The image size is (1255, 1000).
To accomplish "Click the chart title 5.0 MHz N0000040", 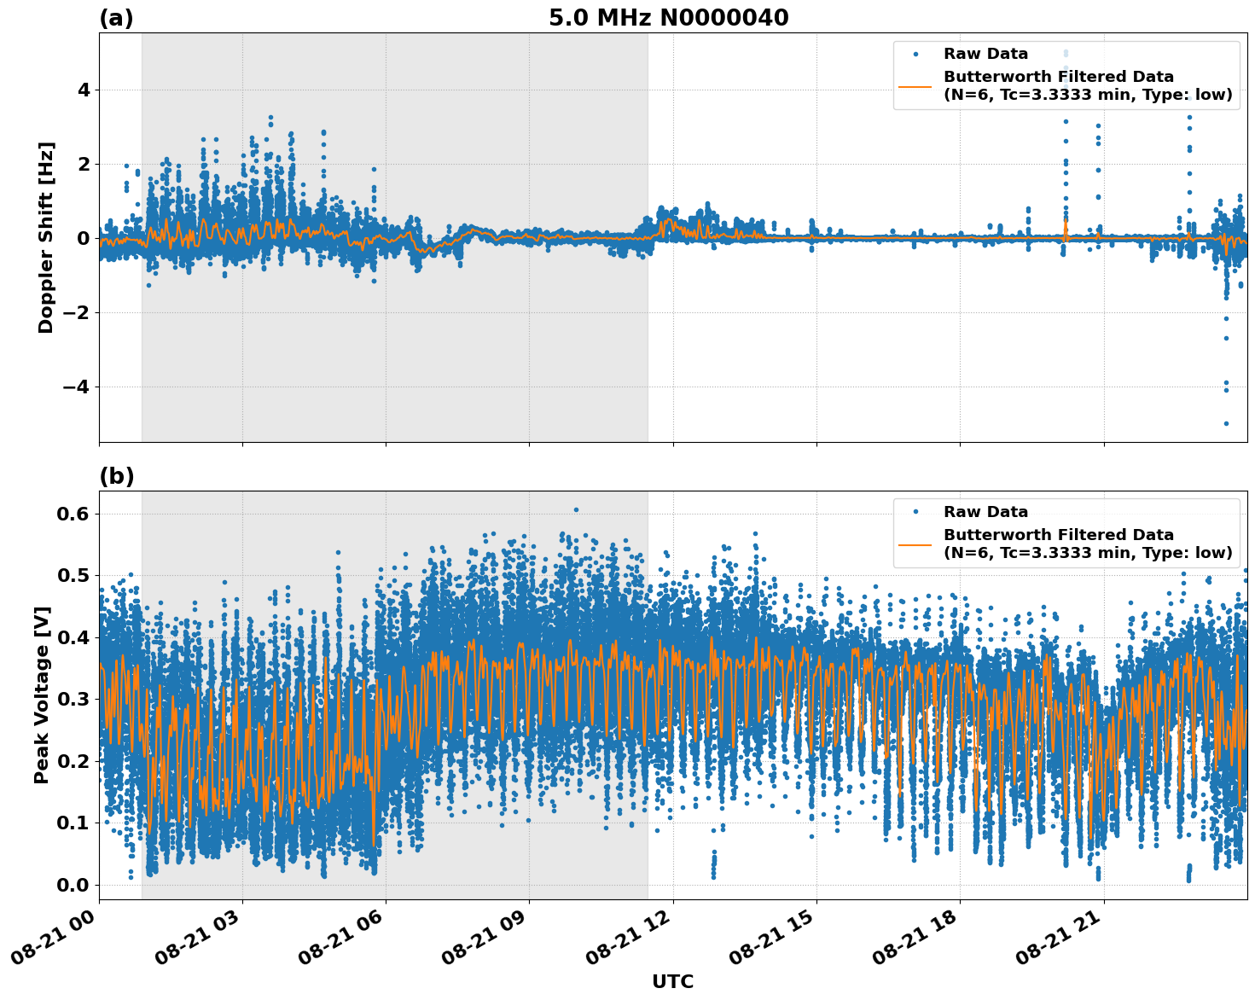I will pyautogui.click(x=668, y=18).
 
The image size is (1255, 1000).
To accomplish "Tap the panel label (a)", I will pyautogui.click(x=116, y=18).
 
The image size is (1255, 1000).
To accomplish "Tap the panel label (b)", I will pyautogui.click(x=116, y=476).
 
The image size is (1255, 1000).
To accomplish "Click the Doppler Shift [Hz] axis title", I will pyautogui.click(x=46, y=237).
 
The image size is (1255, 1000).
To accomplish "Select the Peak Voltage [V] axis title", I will pyautogui.click(x=42, y=695).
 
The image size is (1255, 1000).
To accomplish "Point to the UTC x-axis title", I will pyautogui.click(x=672, y=981).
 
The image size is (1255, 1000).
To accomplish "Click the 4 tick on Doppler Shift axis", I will pyautogui.click(x=83, y=90).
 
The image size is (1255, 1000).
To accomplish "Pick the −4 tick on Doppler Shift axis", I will pyautogui.click(x=76, y=387).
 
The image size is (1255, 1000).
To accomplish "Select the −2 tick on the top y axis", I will pyautogui.click(x=76, y=312).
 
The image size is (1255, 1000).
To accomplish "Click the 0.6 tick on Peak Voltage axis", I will pyautogui.click(x=73, y=514).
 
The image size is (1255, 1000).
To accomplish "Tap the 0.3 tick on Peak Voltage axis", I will pyautogui.click(x=73, y=699).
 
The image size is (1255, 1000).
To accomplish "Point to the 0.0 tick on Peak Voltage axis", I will pyautogui.click(x=73, y=885).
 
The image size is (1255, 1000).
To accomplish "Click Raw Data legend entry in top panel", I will pyautogui.click(x=985, y=54).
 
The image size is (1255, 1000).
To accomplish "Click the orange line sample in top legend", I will pyautogui.click(x=915, y=85).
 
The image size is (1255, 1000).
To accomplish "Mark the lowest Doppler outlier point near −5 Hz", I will pyautogui.click(x=1226, y=423).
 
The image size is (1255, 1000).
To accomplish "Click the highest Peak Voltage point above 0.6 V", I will pyautogui.click(x=576, y=509).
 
